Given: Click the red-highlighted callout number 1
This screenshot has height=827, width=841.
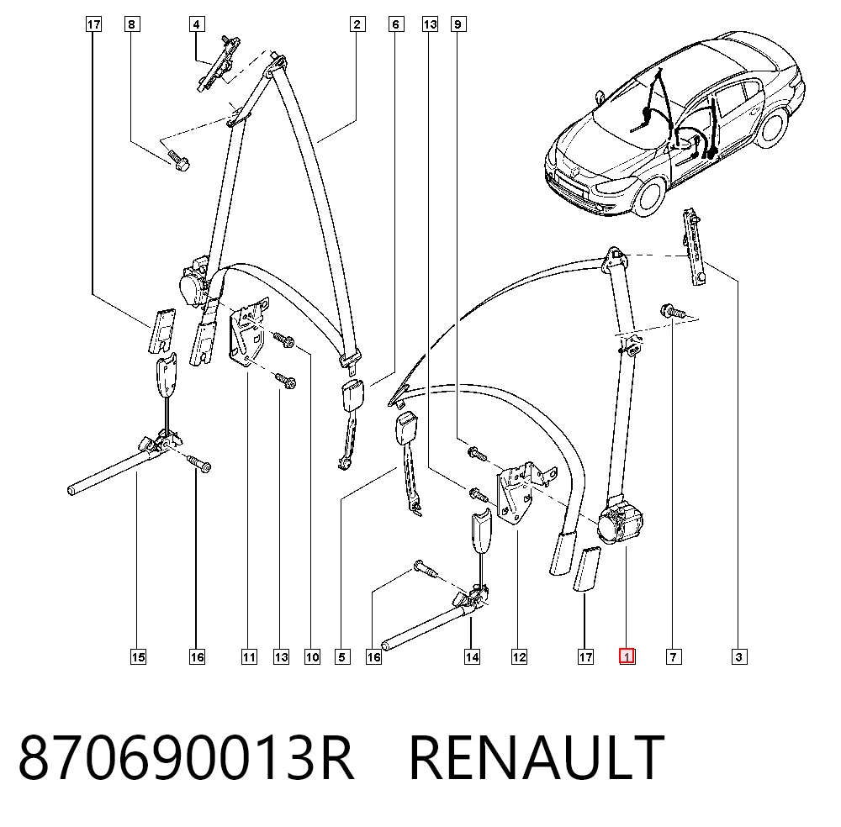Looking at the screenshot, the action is [627, 656].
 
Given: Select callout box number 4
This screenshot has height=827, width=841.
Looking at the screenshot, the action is [196, 24].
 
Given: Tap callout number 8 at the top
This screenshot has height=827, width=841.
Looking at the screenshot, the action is [132, 24].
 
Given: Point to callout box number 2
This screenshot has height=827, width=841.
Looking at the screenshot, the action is [357, 24].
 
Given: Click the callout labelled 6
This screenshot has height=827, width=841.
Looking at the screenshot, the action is [396, 24].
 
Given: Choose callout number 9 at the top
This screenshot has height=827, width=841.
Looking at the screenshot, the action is [458, 24].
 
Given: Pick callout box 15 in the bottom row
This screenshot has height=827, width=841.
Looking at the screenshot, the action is [139, 656].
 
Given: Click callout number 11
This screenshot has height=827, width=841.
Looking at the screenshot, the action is [249, 656].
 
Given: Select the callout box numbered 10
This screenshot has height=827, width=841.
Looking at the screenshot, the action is [312, 656].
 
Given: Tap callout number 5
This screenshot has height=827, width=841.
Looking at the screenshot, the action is [342, 656].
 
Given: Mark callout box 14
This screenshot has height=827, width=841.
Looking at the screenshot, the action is [472, 656].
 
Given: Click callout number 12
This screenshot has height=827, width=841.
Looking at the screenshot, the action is [519, 656].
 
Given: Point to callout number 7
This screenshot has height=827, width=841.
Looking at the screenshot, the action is [674, 656].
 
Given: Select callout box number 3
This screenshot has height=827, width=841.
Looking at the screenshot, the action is [739, 656].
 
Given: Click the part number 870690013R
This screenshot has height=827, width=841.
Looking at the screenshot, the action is [187, 758].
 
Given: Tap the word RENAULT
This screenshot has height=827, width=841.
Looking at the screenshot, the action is [537, 758].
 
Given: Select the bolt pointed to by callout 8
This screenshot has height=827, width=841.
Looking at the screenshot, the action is [177, 159].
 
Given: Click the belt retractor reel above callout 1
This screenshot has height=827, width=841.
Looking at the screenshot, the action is [621, 522].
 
